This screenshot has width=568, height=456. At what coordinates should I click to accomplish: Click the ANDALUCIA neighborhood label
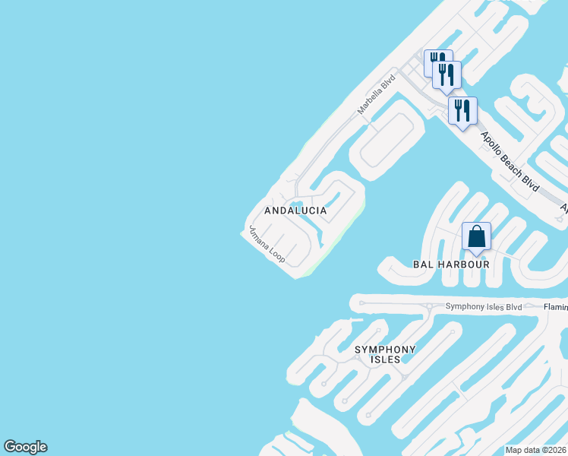(x=295, y=211)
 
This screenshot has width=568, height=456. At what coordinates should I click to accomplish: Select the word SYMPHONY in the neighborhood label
(x=386, y=350)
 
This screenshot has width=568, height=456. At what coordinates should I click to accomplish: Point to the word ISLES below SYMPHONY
(x=386, y=359)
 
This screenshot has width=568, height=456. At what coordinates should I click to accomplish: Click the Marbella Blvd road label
(x=377, y=94)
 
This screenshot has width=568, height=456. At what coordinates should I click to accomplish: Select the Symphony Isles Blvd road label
(x=484, y=307)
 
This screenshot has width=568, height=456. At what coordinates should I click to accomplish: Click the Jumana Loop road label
(x=267, y=245)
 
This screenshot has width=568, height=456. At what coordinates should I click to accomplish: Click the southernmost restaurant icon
(x=462, y=110)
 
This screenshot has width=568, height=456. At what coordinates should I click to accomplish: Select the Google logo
(x=25, y=447)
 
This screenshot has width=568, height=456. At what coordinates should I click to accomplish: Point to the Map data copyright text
(x=536, y=450)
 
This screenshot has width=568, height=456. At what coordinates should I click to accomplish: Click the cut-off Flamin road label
(x=555, y=307)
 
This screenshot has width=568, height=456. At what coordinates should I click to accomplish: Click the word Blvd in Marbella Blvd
(x=388, y=82)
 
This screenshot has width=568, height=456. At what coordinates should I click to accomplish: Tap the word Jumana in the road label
(x=258, y=238)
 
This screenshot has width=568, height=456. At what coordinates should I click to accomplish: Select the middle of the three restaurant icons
(x=447, y=74)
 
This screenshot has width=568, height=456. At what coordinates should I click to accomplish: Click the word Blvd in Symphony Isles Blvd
(x=513, y=307)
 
